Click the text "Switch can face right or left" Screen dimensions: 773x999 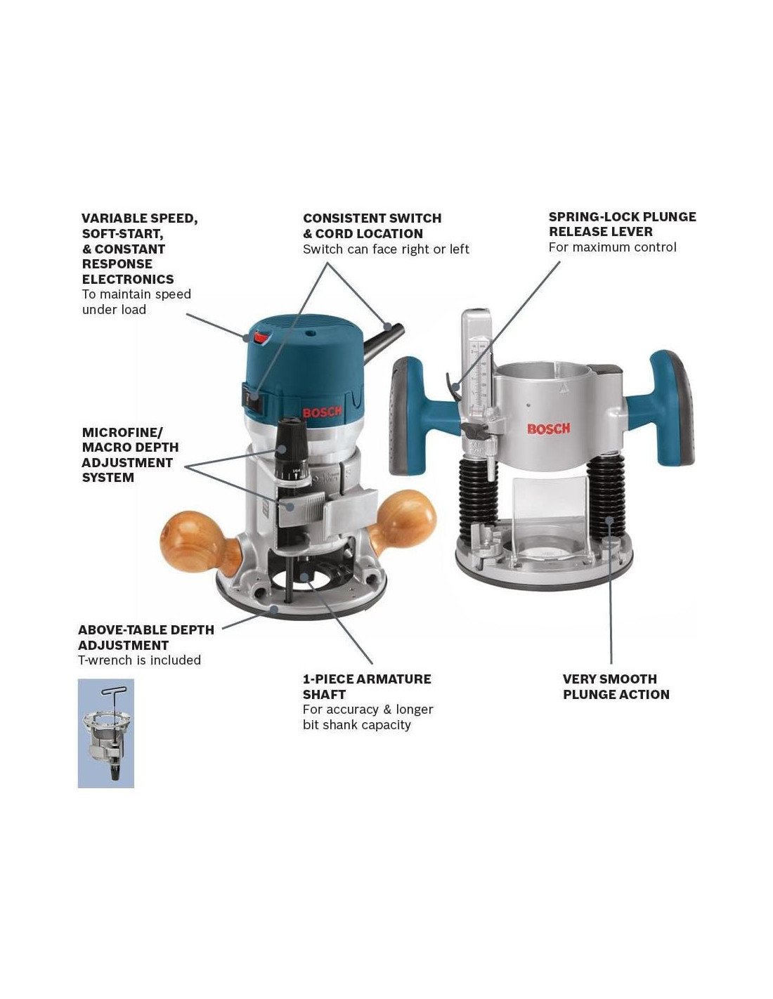[x=386, y=249]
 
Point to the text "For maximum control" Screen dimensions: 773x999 [x=612, y=247]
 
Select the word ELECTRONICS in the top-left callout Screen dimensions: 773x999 [x=128, y=279]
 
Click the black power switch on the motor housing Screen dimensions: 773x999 [x=252, y=398]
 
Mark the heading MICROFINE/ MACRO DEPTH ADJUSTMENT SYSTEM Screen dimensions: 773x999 [x=130, y=455]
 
